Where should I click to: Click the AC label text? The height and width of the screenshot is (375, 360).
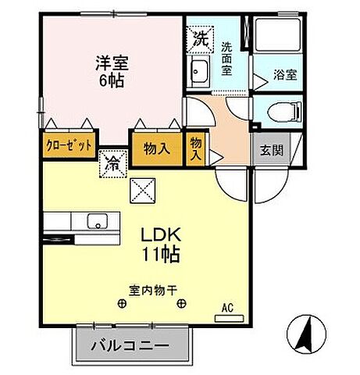coord(229,308)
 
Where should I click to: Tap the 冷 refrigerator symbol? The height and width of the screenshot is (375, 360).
coord(112,165)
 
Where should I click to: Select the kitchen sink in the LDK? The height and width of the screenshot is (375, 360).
coord(98,220)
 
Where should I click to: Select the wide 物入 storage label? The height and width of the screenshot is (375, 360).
coord(157,148)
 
